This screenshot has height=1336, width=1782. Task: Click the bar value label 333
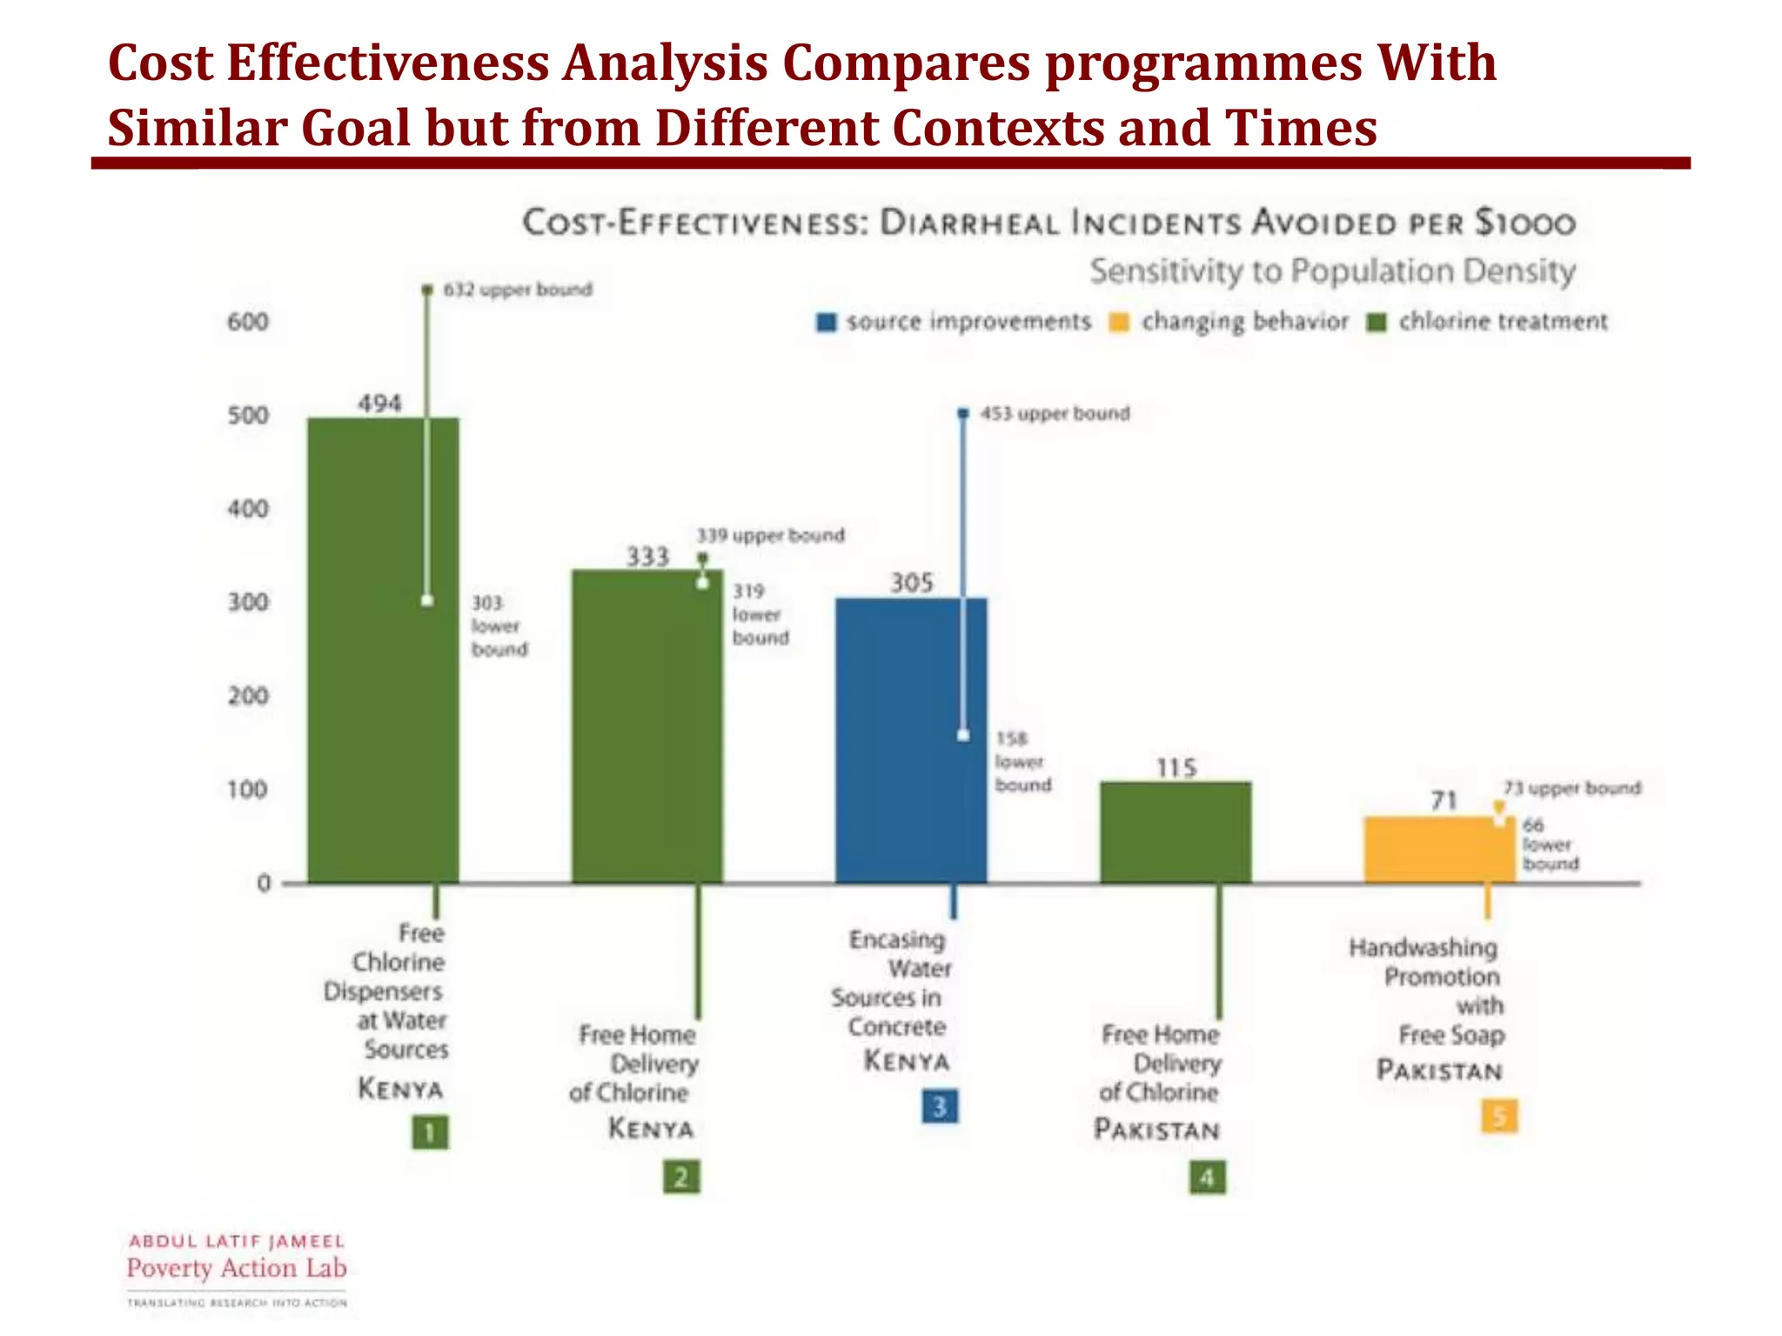(647, 557)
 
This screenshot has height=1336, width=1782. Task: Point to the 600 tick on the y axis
(248, 322)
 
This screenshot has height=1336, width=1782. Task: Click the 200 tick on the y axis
(248, 696)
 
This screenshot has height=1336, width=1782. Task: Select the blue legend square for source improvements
(826, 323)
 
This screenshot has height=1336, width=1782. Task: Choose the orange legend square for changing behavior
(1119, 323)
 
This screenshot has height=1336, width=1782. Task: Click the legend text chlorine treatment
(1503, 322)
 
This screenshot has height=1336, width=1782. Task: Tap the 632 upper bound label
(518, 290)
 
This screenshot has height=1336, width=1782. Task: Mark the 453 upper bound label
(1055, 414)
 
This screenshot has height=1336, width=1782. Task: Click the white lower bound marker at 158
(963, 736)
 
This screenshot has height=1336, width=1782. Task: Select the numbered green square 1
(430, 1132)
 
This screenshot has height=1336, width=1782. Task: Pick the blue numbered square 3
(940, 1106)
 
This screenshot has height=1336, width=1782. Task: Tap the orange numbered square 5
(1499, 1116)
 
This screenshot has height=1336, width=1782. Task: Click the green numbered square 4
(1207, 1178)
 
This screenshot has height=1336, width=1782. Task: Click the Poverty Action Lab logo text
(237, 1268)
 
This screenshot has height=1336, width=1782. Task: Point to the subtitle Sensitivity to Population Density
(1332, 271)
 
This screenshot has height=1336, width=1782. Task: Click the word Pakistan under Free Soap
(1439, 1071)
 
